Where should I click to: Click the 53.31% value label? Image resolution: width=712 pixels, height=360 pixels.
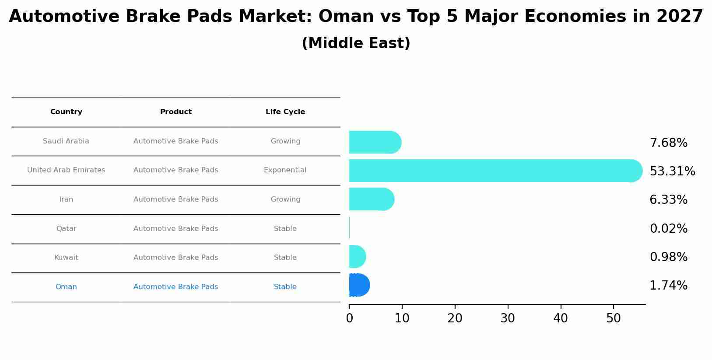click(x=672, y=171)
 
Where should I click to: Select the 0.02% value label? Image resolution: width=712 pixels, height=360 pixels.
click(x=668, y=229)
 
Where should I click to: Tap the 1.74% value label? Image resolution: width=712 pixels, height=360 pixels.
click(x=668, y=286)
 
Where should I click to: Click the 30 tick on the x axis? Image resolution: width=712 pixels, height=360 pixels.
click(x=508, y=318)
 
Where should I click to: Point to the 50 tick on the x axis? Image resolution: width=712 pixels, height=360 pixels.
click(x=614, y=318)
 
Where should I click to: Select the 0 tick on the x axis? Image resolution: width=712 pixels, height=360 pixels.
click(x=349, y=318)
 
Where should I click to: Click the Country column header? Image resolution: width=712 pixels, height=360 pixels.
click(x=66, y=112)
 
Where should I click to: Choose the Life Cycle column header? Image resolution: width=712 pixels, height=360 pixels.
click(x=285, y=112)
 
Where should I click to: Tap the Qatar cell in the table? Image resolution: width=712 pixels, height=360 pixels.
click(x=66, y=229)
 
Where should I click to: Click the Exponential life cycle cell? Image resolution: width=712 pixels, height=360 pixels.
click(x=285, y=170)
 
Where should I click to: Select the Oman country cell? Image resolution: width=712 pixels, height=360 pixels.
click(x=66, y=287)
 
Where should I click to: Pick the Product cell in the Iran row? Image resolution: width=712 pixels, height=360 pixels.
click(x=175, y=199)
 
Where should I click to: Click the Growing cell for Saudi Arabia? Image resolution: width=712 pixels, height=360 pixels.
click(x=285, y=141)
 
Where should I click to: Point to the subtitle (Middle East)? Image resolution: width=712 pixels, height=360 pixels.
click(x=356, y=43)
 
